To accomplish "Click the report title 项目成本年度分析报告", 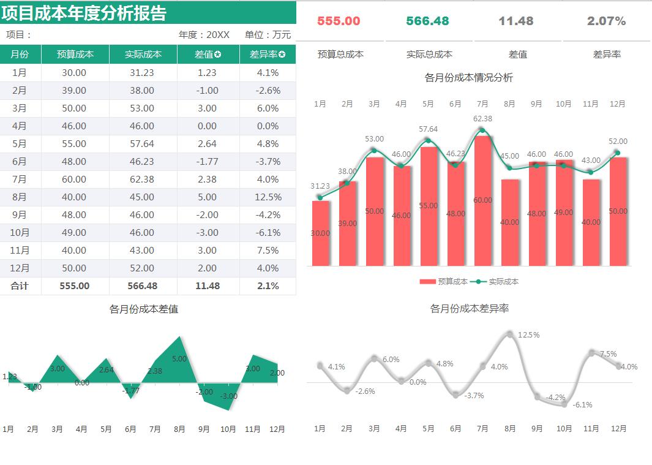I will point(84,12).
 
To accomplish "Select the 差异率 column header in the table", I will point(268,55).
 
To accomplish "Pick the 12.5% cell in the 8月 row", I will point(268,197).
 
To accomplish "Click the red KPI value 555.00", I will point(339,21).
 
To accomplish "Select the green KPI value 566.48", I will point(427,21).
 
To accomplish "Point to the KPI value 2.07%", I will point(606,21).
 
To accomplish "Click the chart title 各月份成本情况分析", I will point(468,78).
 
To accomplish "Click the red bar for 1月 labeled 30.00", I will point(320,233).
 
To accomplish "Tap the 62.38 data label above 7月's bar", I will point(482,119).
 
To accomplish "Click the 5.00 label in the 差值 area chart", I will point(179,359).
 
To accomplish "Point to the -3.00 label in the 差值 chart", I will point(228,396).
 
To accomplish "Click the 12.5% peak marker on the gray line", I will point(510,335).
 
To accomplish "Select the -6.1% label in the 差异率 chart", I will point(582,405).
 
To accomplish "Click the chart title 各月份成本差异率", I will point(469,309).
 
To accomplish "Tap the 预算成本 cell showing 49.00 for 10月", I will point(75,233).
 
